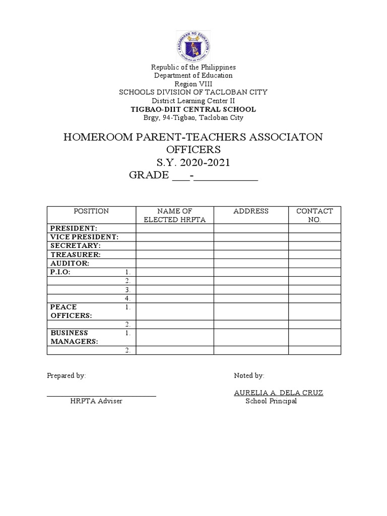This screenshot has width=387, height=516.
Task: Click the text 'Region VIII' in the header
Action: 193,84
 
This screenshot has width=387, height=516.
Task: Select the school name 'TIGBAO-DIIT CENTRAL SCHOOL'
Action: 193,109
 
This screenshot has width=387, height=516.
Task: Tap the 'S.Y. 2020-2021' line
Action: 193,162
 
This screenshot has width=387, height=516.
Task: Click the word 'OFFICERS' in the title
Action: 193,150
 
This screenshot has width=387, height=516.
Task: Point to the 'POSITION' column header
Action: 91,211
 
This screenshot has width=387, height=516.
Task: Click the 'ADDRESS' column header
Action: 251,211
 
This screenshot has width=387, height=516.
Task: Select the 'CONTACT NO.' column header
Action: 314,216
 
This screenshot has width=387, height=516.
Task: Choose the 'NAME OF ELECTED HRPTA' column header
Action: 175,216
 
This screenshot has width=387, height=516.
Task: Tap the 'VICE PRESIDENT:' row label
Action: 84,237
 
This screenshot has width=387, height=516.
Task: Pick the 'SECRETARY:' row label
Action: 75,245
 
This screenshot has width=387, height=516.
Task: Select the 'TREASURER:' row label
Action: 76,254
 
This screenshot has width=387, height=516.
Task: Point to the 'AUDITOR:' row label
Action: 70,263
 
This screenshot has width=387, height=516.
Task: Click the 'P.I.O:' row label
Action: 60,272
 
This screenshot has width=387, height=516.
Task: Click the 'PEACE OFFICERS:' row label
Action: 71,311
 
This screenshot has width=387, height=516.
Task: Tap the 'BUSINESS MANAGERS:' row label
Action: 74,337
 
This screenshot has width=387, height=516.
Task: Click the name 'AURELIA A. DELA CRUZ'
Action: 279,393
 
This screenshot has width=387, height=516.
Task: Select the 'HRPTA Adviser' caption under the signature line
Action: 96,401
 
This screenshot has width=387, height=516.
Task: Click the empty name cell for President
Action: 175,228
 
